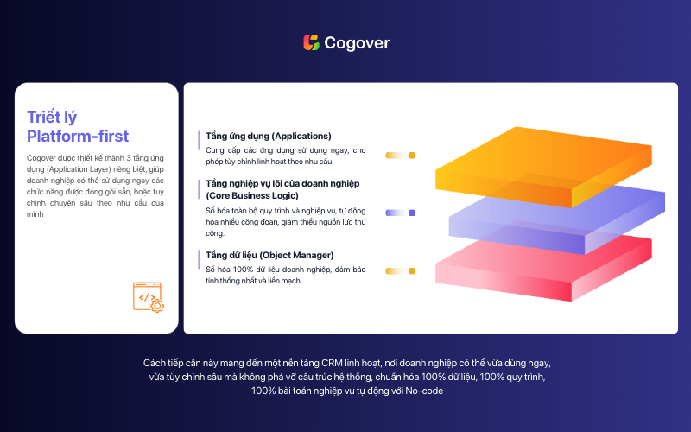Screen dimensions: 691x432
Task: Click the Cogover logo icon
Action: click(x=311, y=42)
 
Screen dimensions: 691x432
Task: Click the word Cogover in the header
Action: click(x=358, y=42)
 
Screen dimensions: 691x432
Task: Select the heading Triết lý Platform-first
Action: click(x=78, y=126)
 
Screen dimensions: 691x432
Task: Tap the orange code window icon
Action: click(x=148, y=297)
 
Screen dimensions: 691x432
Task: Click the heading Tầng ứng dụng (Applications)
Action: click(x=269, y=136)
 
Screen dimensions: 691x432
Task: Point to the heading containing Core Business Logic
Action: click(x=282, y=189)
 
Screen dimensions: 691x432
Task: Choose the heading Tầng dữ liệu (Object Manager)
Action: click(x=269, y=255)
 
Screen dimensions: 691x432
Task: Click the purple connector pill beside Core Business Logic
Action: click(x=401, y=213)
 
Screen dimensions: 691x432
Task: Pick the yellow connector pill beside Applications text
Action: click(x=401, y=156)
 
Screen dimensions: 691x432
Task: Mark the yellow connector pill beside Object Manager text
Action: click(x=401, y=271)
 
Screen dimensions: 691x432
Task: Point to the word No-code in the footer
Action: click(x=424, y=391)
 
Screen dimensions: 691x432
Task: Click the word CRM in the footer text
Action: click(x=332, y=363)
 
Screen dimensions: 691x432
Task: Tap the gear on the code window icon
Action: click(x=157, y=306)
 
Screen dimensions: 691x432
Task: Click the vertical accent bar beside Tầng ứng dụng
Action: click(x=199, y=141)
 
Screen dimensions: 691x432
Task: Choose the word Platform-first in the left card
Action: click(x=78, y=137)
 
